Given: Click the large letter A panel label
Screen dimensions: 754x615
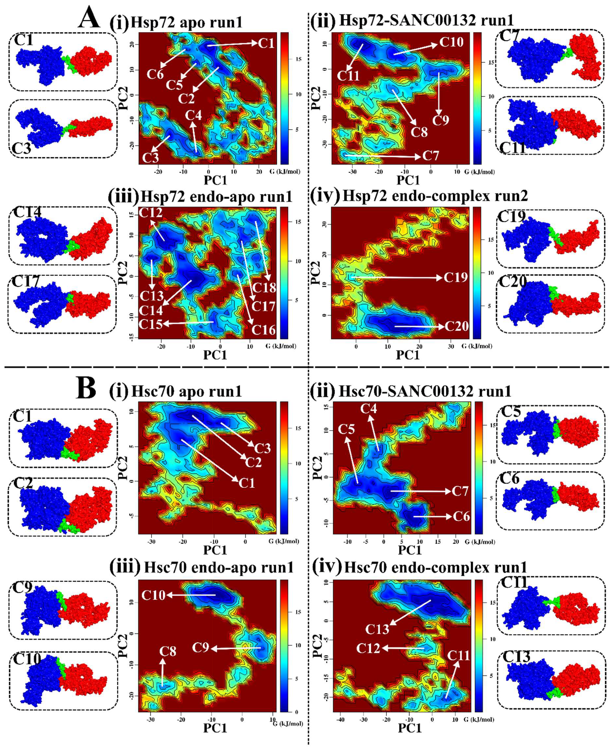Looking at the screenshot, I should (89, 19).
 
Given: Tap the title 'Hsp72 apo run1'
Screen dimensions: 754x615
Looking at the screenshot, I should (187, 22).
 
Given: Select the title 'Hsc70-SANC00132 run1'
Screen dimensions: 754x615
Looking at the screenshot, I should (425, 391).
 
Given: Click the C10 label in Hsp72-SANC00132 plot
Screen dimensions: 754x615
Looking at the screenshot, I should (451, 42).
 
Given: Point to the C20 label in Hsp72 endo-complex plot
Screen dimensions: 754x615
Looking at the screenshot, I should (456, 326).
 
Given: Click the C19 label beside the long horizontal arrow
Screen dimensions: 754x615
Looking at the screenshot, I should (455, 277).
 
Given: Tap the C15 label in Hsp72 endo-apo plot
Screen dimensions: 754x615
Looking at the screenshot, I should (150, 324).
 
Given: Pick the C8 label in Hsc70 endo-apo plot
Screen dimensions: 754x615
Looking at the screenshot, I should (168, 651).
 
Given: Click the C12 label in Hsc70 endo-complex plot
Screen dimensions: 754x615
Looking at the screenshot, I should (368, 648).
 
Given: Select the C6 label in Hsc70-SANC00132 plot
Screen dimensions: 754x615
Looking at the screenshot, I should (461, 516).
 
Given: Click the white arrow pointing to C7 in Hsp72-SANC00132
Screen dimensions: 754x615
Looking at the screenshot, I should (383, 156).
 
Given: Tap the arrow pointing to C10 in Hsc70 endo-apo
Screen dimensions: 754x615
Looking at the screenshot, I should (191, 595).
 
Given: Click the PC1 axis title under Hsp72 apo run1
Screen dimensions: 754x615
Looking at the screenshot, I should (215, 180).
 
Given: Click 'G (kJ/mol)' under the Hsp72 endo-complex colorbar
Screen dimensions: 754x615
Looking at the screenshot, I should (476, 346).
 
